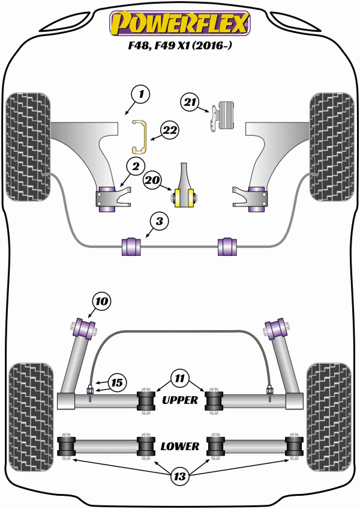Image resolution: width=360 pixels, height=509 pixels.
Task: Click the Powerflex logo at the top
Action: point(179,23)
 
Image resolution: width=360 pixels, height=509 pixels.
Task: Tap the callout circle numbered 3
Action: point(158,222)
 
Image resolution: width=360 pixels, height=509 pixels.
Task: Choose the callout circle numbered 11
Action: point(178,379)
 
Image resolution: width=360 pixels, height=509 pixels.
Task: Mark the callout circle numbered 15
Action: point(116,382)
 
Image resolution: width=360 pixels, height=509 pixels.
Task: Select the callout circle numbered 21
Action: point(191,103)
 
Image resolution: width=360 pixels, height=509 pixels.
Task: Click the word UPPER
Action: point(179,400)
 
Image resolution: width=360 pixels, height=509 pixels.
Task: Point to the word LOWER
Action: point(179,446)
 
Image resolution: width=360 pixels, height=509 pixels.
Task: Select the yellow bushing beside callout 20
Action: point(184,196)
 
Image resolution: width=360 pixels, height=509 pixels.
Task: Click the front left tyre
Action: point(27,145)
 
